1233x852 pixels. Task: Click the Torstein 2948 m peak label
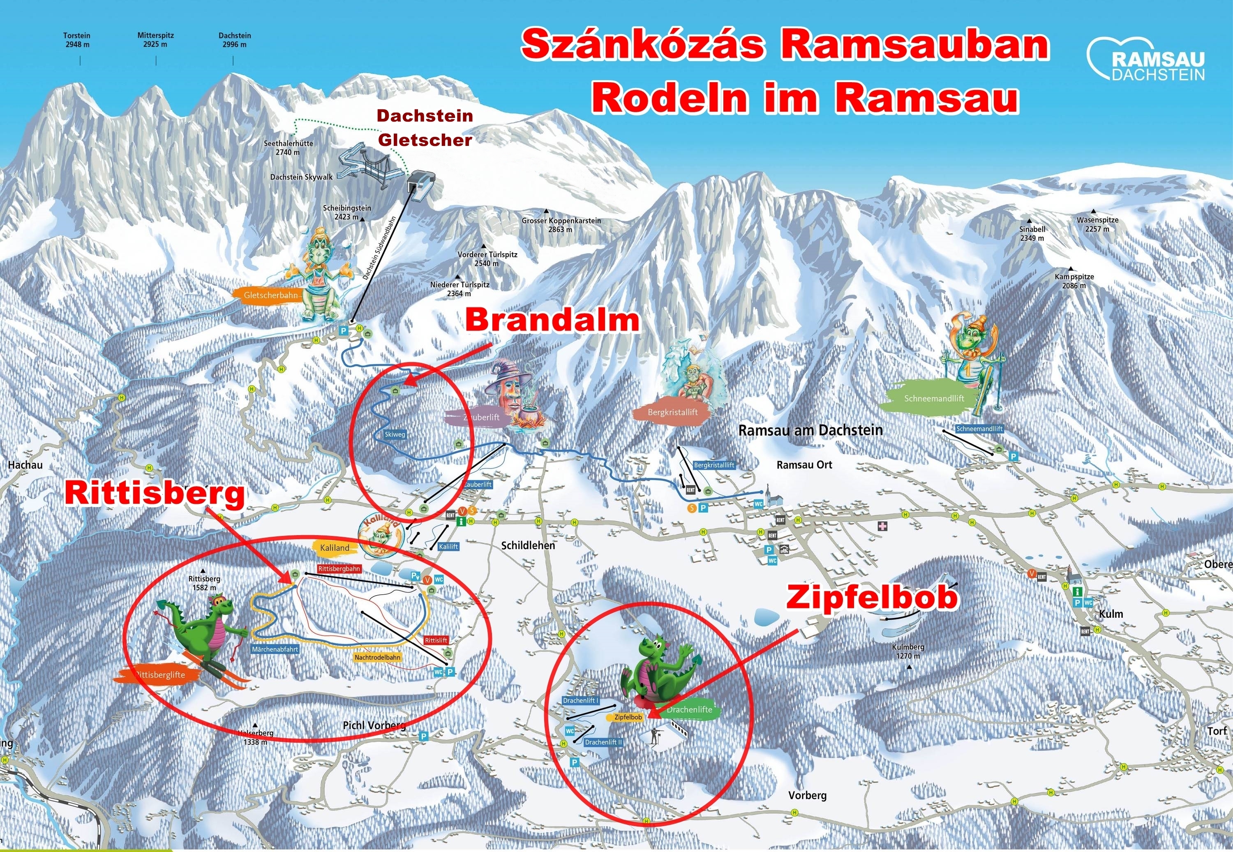pyautogui.click(x=77, y=40)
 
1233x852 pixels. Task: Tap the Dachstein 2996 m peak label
pyautogui.click(x=234, y=40)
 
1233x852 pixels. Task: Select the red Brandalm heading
pyautogui.click(x=552, y=320)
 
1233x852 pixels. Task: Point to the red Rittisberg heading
pyautogui.click(x=155, y=494)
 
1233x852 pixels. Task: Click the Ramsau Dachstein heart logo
pyautogui.click(x=1145, y=59)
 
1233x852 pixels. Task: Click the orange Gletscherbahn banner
pyautogui.click(x=270, y=295)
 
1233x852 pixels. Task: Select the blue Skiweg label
pyautogui.click(x=395, y=434)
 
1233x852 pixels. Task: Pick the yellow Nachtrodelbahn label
pyautogui.click(x=377, y=657)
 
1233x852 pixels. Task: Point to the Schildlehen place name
pyautogui.click(x=528, y=545)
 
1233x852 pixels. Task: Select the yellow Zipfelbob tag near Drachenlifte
pyautogui.click(x=628, y=717)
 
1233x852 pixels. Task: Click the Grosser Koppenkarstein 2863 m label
pyautogui.click(x=561, y=225)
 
